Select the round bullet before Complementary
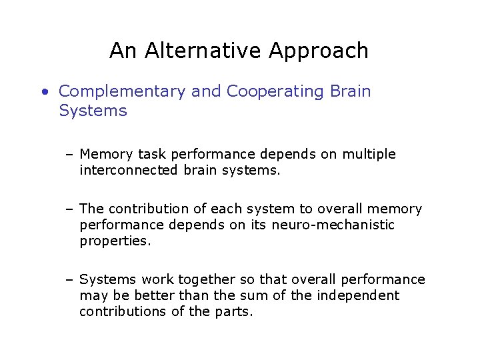coord(43,91)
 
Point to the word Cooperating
coord(275,91)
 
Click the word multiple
coord(369,155)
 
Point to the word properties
coord(115,241)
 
